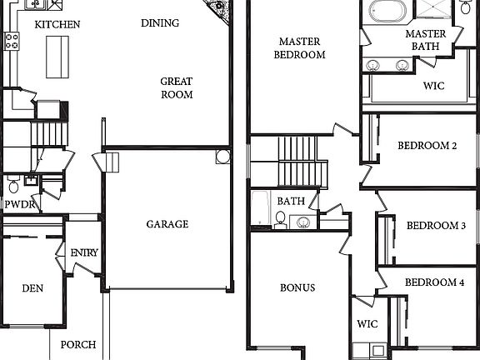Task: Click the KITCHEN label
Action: pos(57,24)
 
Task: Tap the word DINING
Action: pos(160,23)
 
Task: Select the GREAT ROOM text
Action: pos(176,88)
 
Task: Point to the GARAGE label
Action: pos(167,224)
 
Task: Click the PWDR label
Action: pos(18,204)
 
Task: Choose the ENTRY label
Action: pos(83,253)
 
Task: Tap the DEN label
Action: pos(32,289)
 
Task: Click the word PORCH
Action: pos(77,344)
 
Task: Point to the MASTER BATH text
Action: pos(425,40)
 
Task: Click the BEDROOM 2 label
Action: pos(427,146)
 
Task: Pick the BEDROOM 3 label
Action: pos(435,226)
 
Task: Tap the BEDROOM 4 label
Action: pos(434,282)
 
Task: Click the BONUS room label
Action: pos(297,288)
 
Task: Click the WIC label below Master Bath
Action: pos(433,86)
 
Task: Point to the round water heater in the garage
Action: pos(222,156)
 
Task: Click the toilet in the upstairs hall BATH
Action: pos(281,219)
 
